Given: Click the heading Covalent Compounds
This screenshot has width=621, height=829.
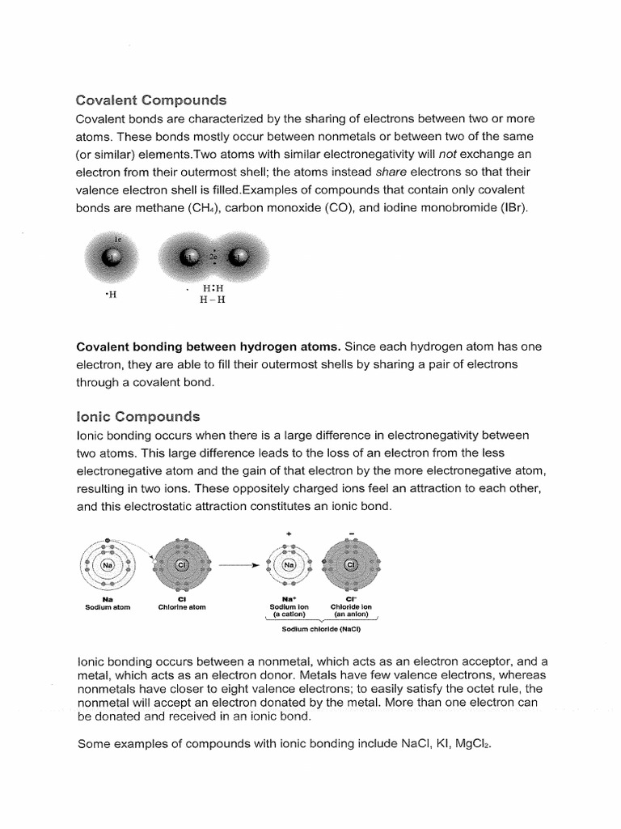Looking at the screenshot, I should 151,100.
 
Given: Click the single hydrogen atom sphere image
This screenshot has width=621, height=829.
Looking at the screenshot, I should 112,257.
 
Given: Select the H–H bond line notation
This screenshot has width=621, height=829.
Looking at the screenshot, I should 213,300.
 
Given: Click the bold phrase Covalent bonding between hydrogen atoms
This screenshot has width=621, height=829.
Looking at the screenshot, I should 208,346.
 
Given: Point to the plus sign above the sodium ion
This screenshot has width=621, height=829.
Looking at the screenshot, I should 289,534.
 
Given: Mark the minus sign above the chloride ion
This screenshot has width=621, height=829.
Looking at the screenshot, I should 351,534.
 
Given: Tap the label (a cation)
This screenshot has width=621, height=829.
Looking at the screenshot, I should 289,614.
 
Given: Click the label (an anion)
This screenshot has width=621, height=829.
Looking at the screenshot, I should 351,614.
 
